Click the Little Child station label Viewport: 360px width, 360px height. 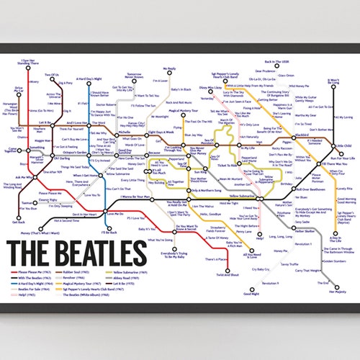click(345, 146)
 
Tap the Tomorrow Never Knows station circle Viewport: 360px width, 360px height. click(133, 81)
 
